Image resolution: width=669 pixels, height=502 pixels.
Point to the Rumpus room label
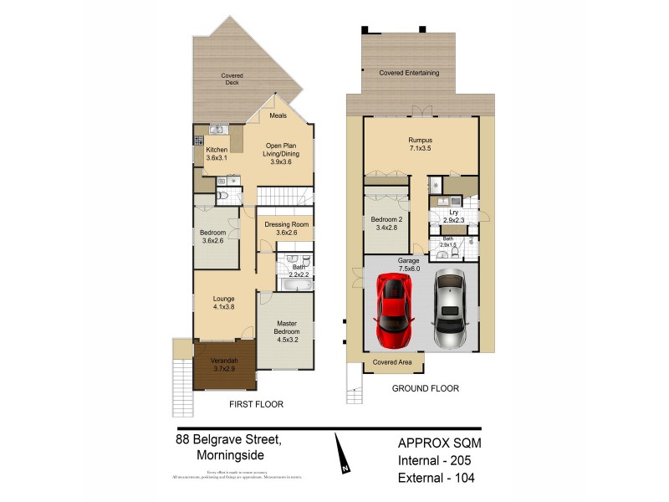coord(420,144)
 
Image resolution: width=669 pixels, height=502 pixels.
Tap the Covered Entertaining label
coord(409,73)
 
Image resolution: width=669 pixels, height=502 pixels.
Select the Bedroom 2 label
coord(386,223)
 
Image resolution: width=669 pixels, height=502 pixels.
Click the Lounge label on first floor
coord(222,301)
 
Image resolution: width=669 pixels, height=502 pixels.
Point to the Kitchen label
coord(217,154)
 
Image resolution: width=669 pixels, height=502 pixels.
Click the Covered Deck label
coord(232,79)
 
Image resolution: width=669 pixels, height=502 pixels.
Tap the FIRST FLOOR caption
coord(256,404)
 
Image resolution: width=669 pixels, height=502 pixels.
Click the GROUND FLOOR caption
coord(426,388)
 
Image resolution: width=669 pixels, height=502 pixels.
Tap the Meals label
coord(278,116)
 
